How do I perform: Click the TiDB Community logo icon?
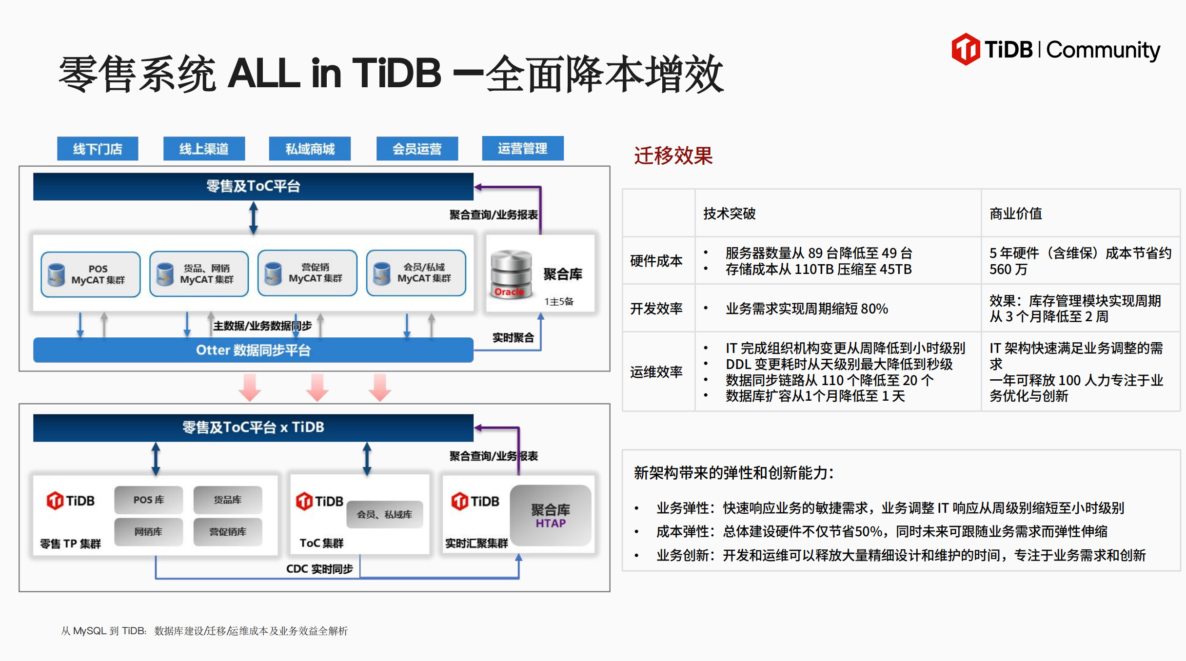coord(966,49)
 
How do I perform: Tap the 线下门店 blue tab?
coord(98,149)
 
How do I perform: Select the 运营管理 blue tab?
coord(523,148)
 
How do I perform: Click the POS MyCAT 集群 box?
coord(91,274)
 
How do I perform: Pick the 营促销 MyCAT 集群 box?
coord(307,273)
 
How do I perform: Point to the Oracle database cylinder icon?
coord(511,274)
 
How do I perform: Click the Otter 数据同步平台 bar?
coord(253,350)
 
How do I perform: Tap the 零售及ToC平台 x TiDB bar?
coord(253,428)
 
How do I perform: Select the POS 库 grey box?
coord(149,500)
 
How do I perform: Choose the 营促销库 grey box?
coord(228,532)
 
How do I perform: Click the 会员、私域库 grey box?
coord(385,514)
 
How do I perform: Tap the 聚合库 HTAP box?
coord(551,516)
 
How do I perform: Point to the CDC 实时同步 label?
coord(319,569)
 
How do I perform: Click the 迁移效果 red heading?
coord(673,156)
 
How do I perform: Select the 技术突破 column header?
coord(730,214)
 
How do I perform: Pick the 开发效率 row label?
coord(656,309)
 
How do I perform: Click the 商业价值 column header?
coord(1016,214)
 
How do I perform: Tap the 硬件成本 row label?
coord(656,261)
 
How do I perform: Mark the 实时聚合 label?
coord(513,337)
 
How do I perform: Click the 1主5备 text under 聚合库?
coord(559,302)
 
